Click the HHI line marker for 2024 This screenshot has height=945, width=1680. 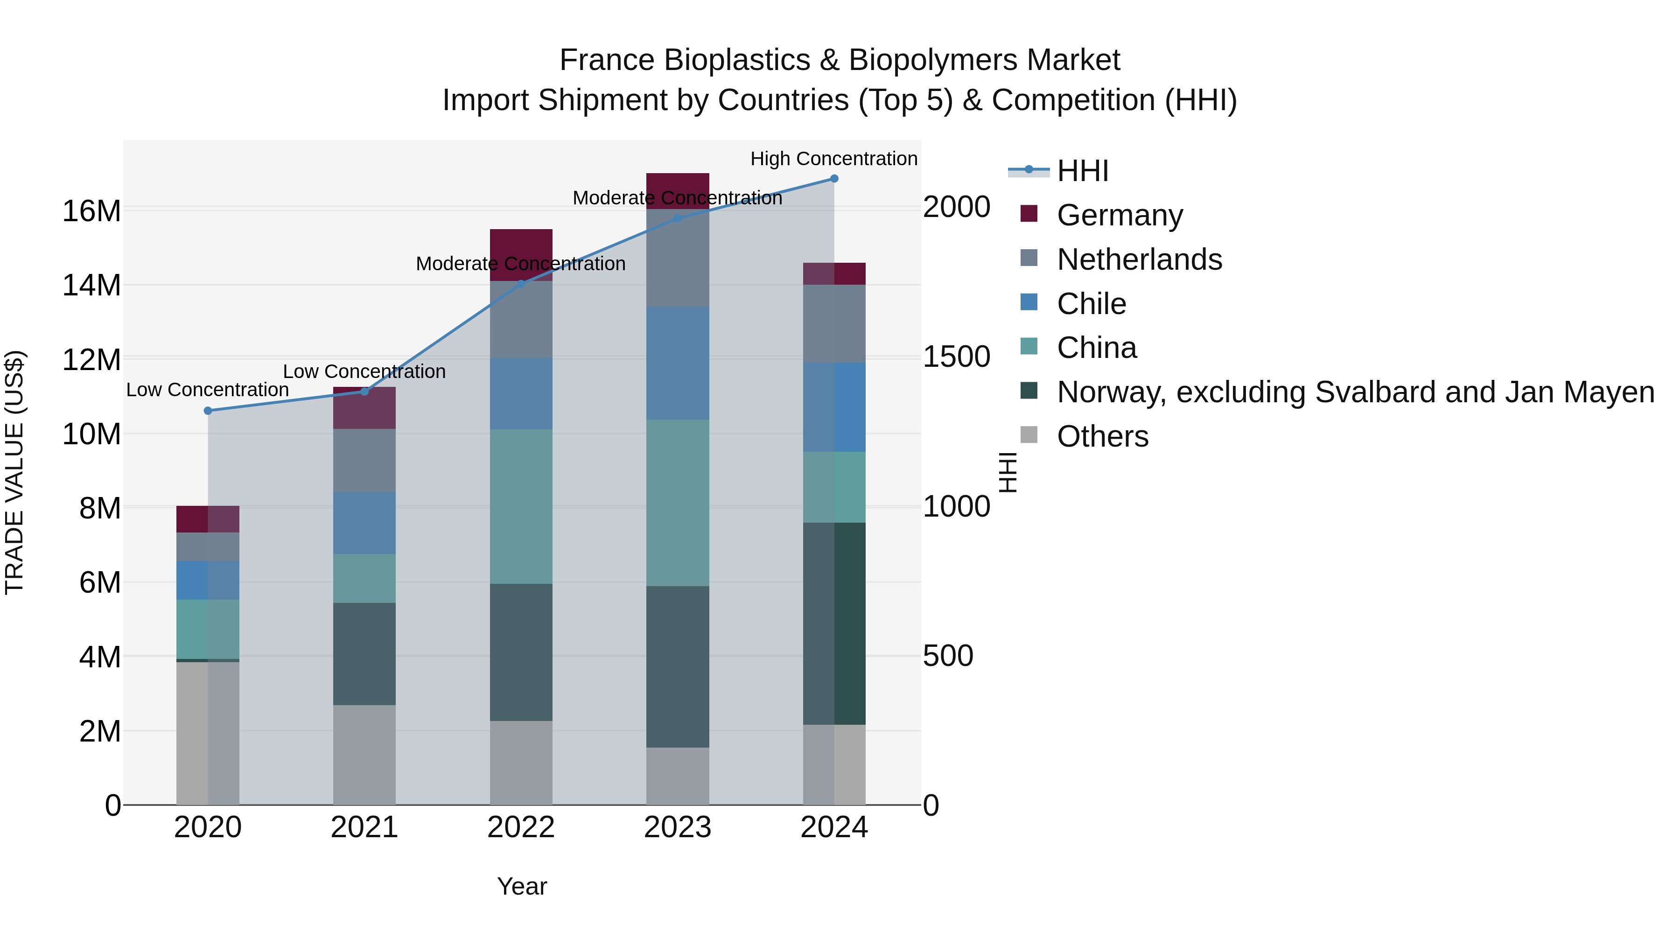pos(833,179)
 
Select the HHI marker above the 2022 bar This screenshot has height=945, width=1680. pos(520,284)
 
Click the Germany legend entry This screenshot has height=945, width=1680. pos(1119,215)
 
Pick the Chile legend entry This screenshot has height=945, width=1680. pos(1091,304)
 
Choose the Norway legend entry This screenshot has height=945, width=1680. pos(1355,392)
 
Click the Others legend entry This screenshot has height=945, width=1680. pos(1102,437)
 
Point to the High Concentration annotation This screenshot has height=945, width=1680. pos(833,159)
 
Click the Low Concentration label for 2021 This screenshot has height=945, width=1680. pos(364,372)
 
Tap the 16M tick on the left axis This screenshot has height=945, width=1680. pos(91,211)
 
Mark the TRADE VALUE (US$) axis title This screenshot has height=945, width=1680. pos(14,472)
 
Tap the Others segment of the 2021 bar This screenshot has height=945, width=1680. pos(364,755)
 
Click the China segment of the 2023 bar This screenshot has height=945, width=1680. pos(677,502)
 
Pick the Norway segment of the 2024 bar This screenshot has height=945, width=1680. pos(833,623)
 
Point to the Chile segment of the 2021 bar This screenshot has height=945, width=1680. pos(364,523)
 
